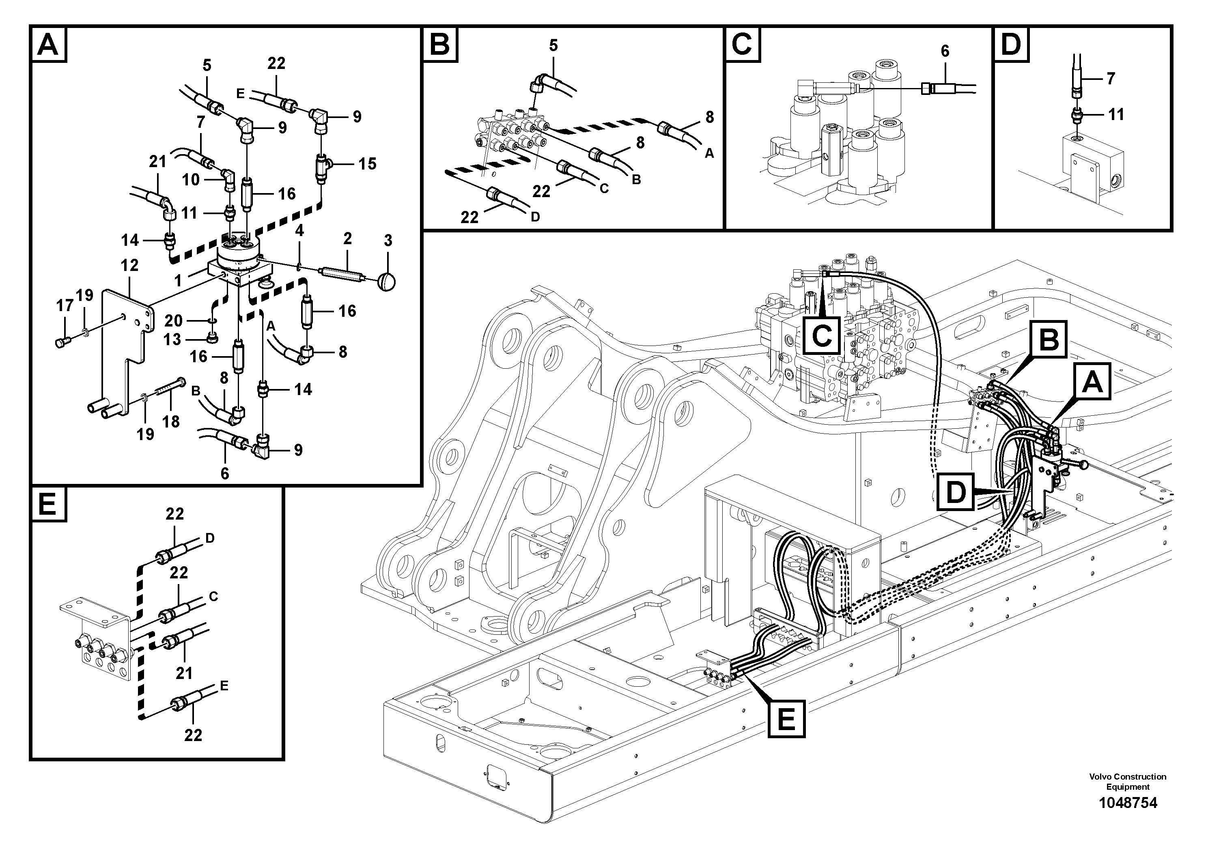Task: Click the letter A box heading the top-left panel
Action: [48, 45]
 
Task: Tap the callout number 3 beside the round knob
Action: [388, 241]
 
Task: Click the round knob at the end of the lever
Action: [387, 282]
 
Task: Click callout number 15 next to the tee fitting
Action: [367, 164]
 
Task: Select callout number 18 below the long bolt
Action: [171, 421]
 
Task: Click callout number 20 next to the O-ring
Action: [173, 320]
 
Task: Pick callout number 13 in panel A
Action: [172, 340]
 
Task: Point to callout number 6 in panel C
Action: [945, 51]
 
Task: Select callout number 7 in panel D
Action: [1110, 79]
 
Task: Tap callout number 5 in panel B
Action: [553, 45]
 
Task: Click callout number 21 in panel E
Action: [184, 673]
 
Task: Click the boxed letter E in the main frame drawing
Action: [786, 719]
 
